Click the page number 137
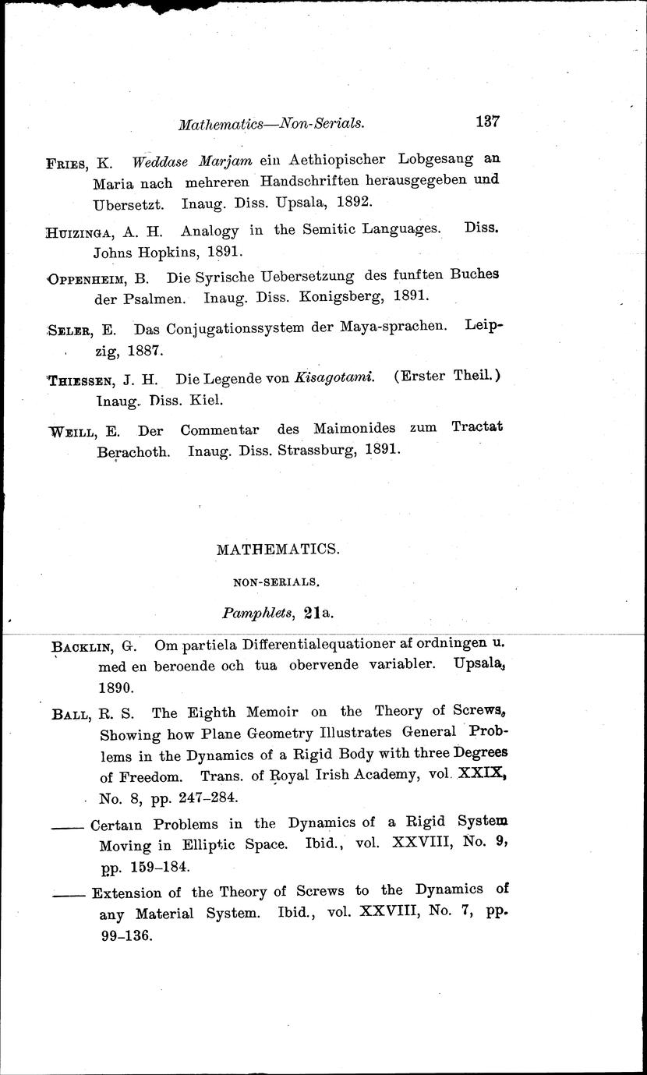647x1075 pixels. (486, 122)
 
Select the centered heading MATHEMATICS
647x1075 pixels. (278, 549)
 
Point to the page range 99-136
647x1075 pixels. (126, 934)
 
